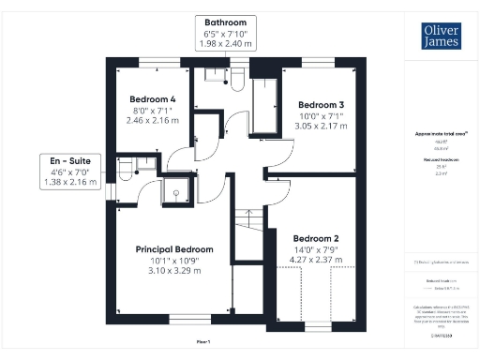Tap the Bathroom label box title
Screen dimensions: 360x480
(x=225, y=22)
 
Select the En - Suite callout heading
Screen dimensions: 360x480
(x=70, y=160)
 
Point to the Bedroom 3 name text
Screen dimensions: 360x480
(x=322, y=104)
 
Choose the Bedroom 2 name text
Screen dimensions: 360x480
(x=314, y=238)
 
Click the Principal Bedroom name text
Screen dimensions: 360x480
(x=174, y=249)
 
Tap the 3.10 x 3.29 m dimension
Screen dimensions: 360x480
(x=174, y=271)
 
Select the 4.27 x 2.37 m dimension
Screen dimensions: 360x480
(x=314, y=260)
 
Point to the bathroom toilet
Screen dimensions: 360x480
(x=236, y=78)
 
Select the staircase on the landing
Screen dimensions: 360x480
(x=247, y=231)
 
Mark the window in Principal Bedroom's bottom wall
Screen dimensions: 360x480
(x=184, y=321)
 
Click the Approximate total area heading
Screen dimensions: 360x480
(x=441, y=134)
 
